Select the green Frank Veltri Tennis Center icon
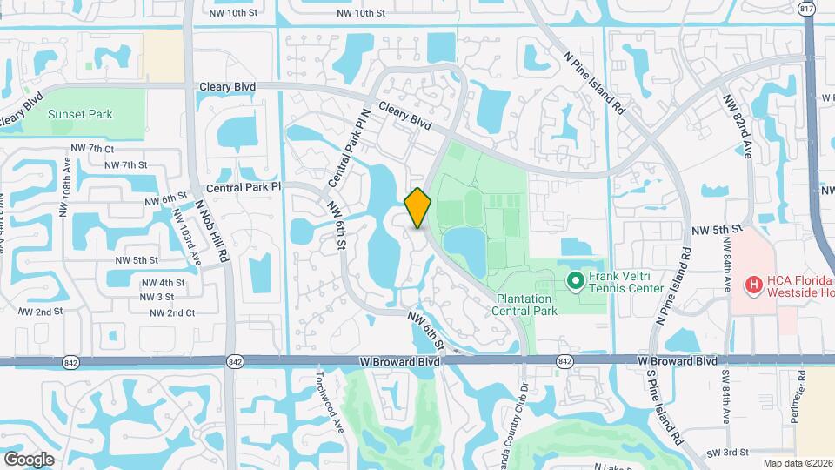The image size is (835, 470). pyautogui.click(x=575, y=280)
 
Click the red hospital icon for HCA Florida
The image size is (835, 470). pyautogui.click(x=753, y=284)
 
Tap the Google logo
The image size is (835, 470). pyautogui.click(x=29, y=459)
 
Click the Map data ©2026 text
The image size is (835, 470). pyautogui.click(x=798, y=463)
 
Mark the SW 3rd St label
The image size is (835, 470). pyautogui.click(x=727, y=452)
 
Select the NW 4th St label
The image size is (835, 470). pyautogui.click(x=161, y=283)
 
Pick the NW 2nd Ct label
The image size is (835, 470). pyautogui.click(x=170, y=312)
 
